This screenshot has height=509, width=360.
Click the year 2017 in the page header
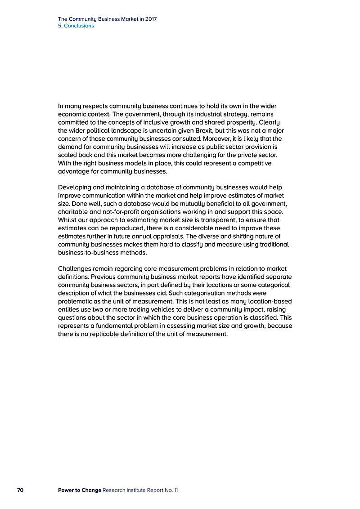tap(151, 19)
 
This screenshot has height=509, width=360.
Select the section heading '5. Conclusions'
tap(76, 26)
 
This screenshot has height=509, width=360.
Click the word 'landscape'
tap(127, 130)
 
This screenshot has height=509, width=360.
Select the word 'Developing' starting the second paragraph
tap(75, 187)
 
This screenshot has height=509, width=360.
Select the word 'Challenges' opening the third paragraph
tap(75, 268)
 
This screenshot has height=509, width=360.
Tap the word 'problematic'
tap(76, 301)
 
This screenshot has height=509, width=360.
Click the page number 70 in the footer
tap(20, 490)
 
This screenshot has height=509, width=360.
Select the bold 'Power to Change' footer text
tap(80, 490)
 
